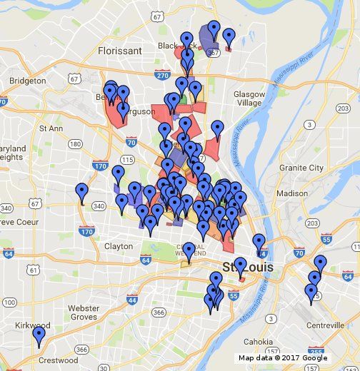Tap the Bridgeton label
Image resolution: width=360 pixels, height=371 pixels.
pyautogui.click(x=27, y=81)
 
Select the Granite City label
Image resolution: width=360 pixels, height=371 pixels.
pyautogui.click(x=301, y=168)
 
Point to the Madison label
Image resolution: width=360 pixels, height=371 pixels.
pyautogui.click(x=291, y=193)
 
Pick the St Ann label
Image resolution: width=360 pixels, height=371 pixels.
pyautogui.click(x=51, y=129)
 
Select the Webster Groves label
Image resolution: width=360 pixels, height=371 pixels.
pyautogui.click(x=83, y=312)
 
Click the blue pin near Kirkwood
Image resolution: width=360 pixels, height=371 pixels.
pyautogui.click(x=39, y=335)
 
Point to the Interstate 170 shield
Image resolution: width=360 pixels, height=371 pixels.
pyautogui.click(x=87, y=232)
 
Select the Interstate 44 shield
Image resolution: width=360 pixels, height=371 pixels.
pyautogui.click(x=132, y=300)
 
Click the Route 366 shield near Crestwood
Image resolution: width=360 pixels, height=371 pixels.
pyautogui.click(x=83, y=350)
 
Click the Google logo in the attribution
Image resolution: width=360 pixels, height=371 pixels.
pyautogui.click(x=314, y=358)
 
